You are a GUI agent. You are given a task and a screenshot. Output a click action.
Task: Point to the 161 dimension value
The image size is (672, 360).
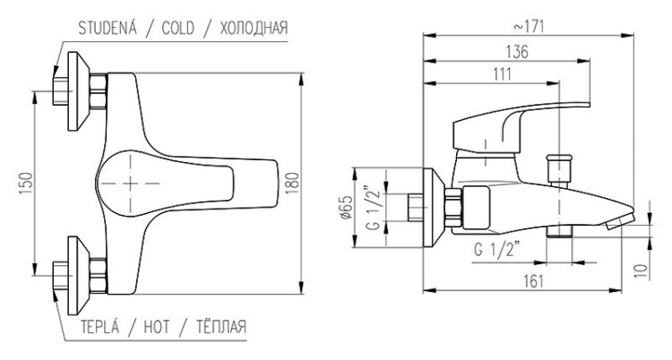(x=532, y=281)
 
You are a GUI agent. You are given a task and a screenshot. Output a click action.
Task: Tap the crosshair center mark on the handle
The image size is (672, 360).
(x=132, y=183)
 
